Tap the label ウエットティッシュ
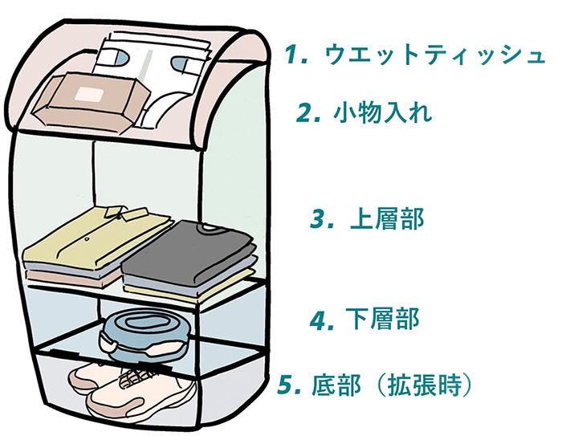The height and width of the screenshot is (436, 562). [x=434, y=55]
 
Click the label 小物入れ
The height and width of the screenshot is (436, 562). [x=383, y=112]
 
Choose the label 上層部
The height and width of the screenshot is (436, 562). [x=387, y=219]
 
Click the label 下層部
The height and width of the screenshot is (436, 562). [x=387, y=320]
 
